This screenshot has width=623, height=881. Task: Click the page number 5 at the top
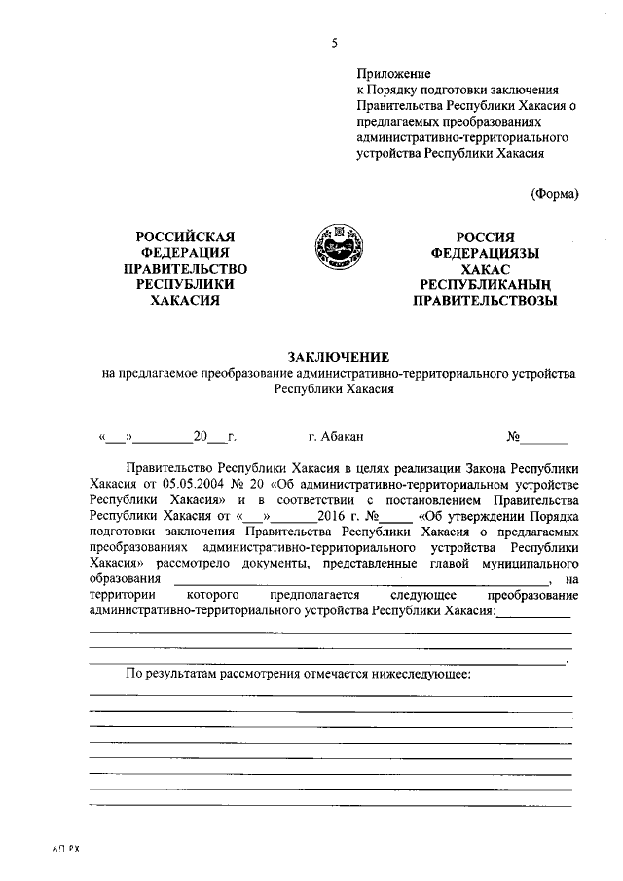pyautogui.click(x=334, y=43)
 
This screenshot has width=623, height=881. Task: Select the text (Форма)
pyautogui.click(x=555, y=193)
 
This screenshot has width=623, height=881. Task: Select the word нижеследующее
pyautogui.click(x=417, y=674)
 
